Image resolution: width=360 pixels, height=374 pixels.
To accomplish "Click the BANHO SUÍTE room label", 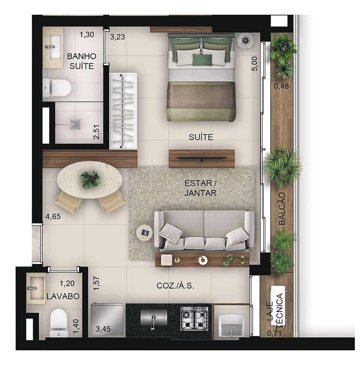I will pyautogui.click(x=81, y=61).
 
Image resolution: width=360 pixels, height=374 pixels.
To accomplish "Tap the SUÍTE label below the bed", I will pyautogui.click(x=201, y=137).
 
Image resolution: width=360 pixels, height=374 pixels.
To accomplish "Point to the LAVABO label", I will pyautogui.click(x=63, y=296).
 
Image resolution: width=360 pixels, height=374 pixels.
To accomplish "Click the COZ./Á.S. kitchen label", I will pyautogui.click(x=175, y=286).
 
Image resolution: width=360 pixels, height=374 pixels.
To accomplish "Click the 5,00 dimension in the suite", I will pyautogui.click(x=255, y=65).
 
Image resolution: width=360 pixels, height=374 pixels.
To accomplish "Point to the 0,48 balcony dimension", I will pyautogui.click(x=282, y=86).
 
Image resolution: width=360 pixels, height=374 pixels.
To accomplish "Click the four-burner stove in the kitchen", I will pyautogui.click(x=194, y=318).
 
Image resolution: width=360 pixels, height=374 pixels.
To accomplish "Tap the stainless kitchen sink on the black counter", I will pyautogui.click(x=154, y=318).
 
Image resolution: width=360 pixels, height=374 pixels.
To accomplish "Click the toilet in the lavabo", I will pyautogui.click(x=58, y=323).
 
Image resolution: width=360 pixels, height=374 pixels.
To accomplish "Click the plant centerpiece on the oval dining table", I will pyautogui.click(x=90, y=179).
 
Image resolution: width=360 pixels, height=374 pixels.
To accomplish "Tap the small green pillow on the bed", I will pyautogui.click(x=202, y=60).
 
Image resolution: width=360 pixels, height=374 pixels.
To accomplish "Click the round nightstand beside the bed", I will pyautogui.click(x=245, y=40).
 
